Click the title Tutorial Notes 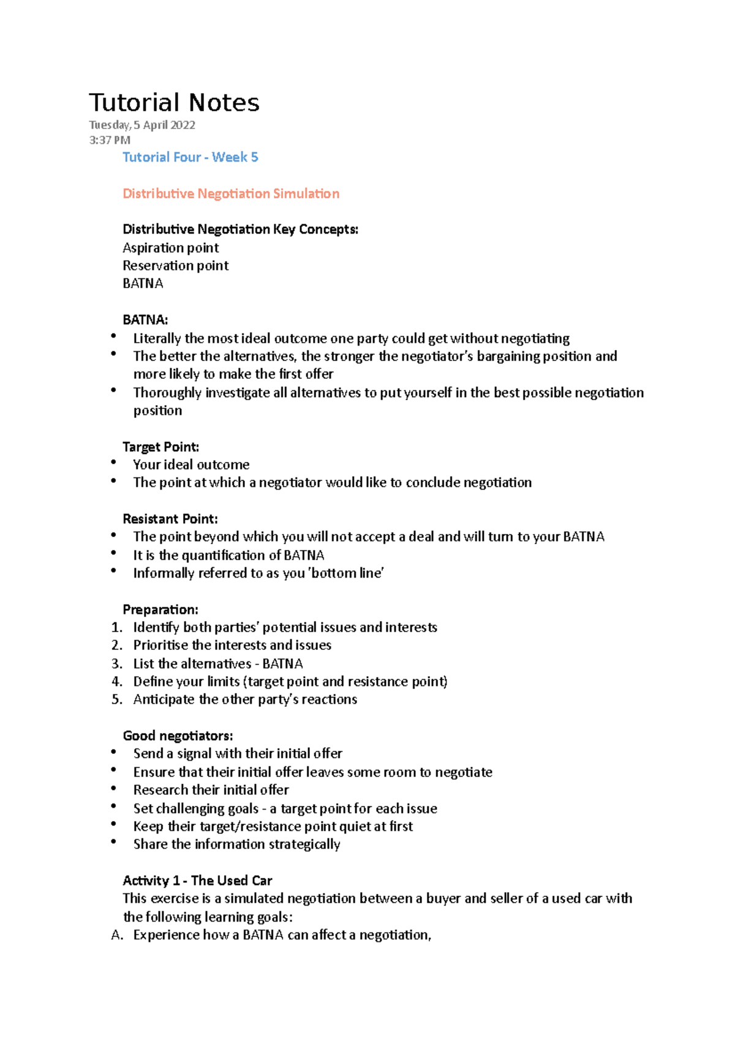click(174, 103)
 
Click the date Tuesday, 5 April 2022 click(142, 125)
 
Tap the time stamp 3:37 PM click(110, 140)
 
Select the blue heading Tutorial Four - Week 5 click(190, 157)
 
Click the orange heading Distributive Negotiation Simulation click(231, 193)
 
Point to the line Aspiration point click(170, 248)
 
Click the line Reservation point click(175, 266)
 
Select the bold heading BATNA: click(145, 319)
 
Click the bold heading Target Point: click(160, 447)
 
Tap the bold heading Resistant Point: click(170, 519)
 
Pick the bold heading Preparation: click(160, 609)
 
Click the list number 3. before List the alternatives click(117, 664)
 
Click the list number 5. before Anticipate click(117, 699)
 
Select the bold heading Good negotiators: click(178, 735)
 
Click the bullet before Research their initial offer click(114, 789)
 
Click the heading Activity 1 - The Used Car click(197, 881)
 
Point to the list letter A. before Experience click(117, 935)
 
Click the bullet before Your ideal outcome click(114, 463)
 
